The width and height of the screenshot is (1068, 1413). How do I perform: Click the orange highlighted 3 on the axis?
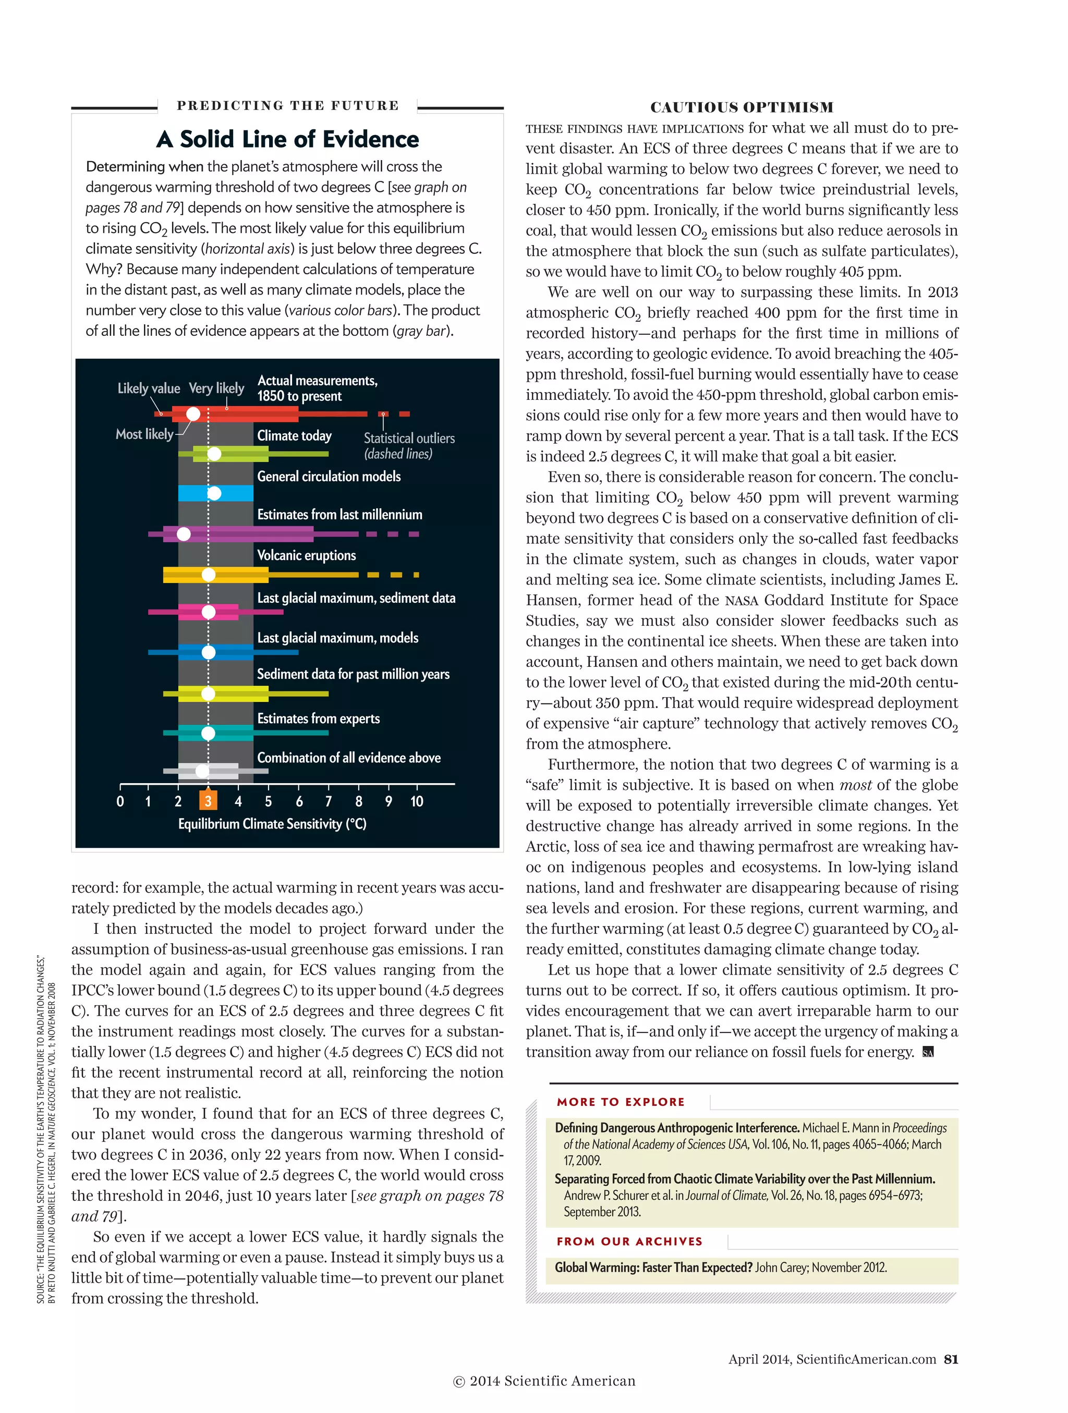click(x=208, y=801)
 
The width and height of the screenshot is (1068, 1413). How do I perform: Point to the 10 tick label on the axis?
click(x=417, y=801)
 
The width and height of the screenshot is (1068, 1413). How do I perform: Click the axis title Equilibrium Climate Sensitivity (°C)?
click(x=272, y=824)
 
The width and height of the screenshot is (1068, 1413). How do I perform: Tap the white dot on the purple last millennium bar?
click(x=184, y=534)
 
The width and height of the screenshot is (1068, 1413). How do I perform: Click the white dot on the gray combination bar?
click(x=202, y=771)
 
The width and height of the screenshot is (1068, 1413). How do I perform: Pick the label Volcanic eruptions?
click(x=306, y=555)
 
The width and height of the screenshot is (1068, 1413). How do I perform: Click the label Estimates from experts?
click(x=318, y=718)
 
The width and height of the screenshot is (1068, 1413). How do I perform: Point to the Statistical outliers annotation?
click(x=409, y=445)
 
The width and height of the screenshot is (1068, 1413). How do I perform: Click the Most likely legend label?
click(x=144, y=434)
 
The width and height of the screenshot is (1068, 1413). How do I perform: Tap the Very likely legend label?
click(x=216, y=388)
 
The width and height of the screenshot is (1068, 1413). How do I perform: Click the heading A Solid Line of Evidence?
click(x=287, y=139)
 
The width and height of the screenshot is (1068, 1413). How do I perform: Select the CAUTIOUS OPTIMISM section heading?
click(x=741, y=107)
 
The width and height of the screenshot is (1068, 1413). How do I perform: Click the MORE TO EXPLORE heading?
click(x=620, y=1102)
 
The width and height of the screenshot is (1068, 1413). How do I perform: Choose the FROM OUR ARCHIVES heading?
click(x=629, y=1241)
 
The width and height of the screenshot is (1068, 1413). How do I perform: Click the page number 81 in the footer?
click(x=951, y=1359)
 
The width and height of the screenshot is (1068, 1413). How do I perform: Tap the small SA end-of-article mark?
click(x=928, y=1053)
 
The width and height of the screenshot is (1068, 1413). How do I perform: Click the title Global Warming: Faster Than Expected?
click(x=653, y=1268)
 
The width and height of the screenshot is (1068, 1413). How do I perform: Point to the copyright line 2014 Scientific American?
click(x=544, y=1381)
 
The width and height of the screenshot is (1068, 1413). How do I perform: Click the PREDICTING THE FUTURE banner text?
click(x=287, y=105)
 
